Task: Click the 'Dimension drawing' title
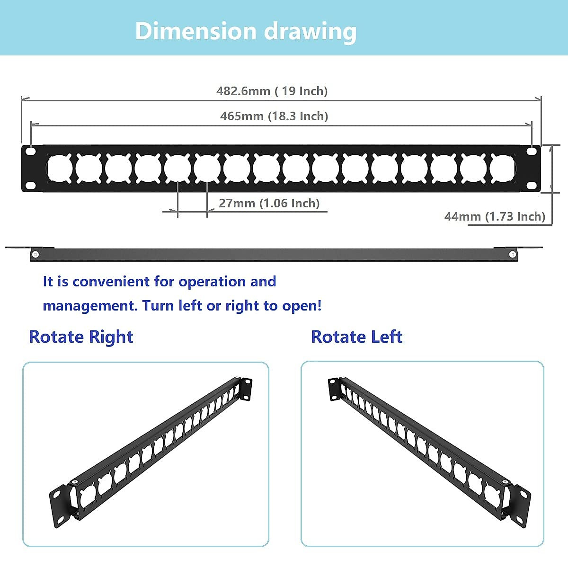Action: [x=246, y=31]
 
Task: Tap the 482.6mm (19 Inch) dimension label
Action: [x=272, y=91]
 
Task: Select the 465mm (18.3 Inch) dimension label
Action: [x=274, y=116]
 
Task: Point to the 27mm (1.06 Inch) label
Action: [x=269, y=203]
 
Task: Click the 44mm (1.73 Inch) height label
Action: [x=495, y=216]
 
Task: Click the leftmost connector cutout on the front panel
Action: [x=60, y=169]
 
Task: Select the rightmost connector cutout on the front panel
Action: [x=503, y=169]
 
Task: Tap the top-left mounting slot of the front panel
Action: [x=31, y=152]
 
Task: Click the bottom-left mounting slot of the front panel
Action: [x=31, y=186]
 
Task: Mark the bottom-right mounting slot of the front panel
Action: [x=532, y=186]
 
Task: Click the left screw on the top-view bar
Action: [x=35, y=255]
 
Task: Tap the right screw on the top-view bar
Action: [x=513, y=255]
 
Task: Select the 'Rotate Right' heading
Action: [x=81, y=337]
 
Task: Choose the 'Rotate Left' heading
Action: [x=356, y=337]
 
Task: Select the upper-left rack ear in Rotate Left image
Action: [x=334, y=389]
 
